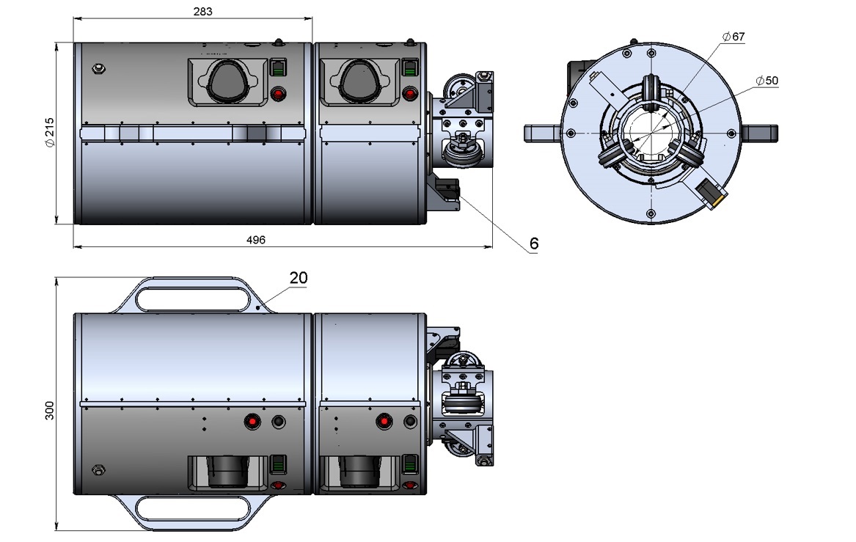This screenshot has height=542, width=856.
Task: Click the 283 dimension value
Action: (x=202, y=11)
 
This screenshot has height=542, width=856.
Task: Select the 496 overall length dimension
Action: (x=255, y=240)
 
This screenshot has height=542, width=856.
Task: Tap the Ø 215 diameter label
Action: (x=50, y=133)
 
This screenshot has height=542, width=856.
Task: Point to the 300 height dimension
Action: (x=50, y=411)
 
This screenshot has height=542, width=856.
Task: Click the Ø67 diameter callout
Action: (x=734, y=37)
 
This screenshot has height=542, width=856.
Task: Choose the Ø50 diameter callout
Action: (x=767, y=80)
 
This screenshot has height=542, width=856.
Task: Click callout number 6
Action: (x=534, y=243)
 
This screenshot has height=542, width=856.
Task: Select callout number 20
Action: (x=299, y=278)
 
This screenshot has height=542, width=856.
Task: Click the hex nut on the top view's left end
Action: (x=99, y=69)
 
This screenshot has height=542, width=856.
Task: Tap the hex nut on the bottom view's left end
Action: (x=98, y=469)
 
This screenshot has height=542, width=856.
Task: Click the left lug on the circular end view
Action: (x=543, y=133)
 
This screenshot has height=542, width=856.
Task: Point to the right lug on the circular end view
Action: (x=759, y=133)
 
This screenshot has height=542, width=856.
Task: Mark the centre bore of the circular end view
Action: (x=651, y=133)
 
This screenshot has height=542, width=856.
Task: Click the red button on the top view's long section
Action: (x=279, y=94)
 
